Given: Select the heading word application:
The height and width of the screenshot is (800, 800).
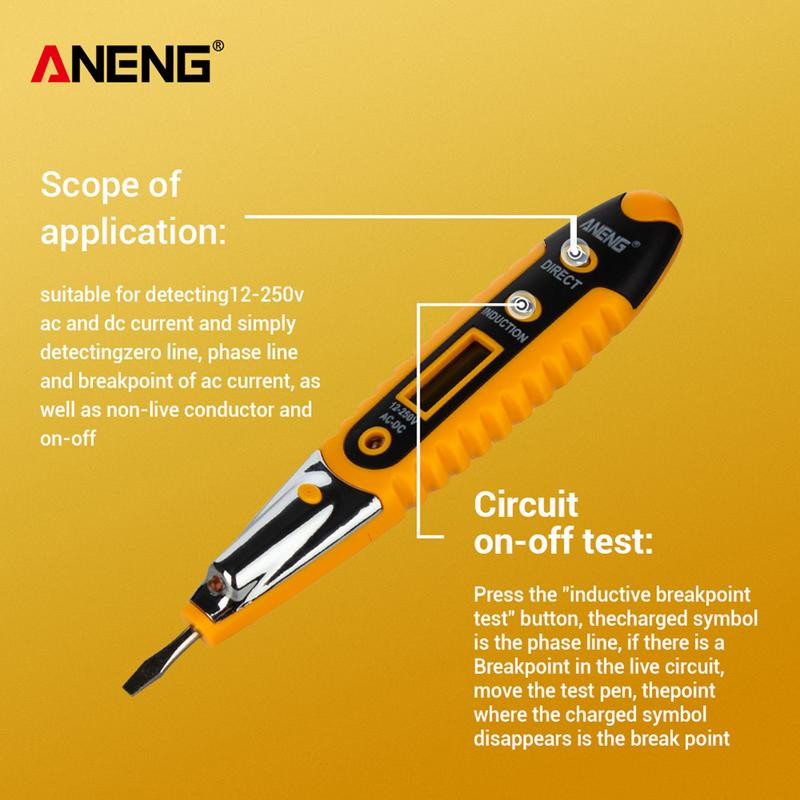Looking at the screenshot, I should click(132, 234).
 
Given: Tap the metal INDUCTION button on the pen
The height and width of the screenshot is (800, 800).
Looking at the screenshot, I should click(521, 306).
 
